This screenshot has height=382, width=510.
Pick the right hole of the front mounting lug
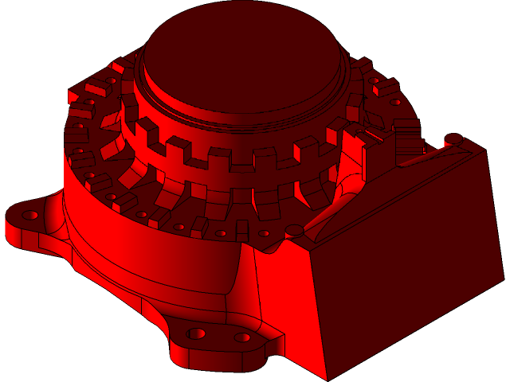tap(241, 337)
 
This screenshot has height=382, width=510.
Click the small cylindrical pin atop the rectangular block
tap(453, 139)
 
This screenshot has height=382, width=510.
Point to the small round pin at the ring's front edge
tap(296, 231)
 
